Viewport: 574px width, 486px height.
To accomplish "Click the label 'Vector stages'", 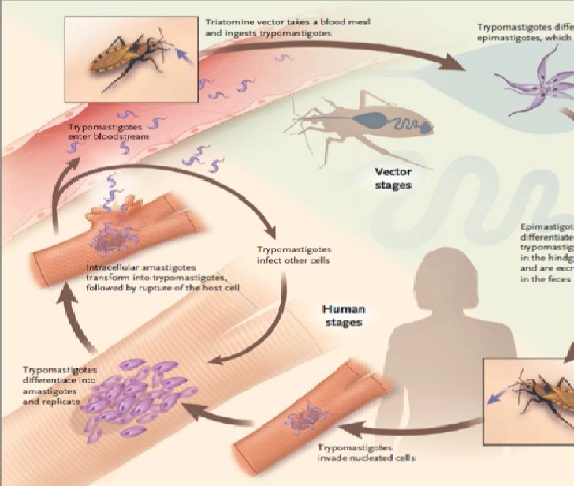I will [393, 178].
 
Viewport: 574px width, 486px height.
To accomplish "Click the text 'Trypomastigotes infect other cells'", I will [293, 254].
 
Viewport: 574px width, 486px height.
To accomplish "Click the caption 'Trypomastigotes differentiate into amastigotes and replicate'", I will [60, 385].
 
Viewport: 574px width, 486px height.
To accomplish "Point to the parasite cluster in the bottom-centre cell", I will [305, 419].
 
